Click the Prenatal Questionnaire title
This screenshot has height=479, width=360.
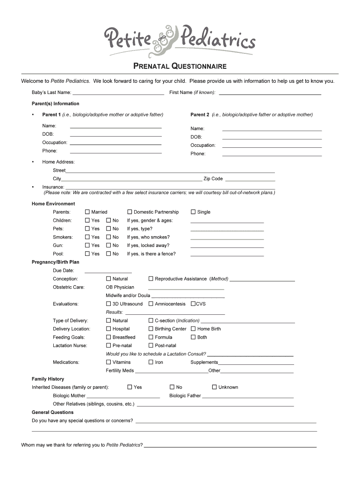(x=180, y=66)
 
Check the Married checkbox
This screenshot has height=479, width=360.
(x=87, y=212)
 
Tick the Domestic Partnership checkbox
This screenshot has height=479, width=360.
(x=130, y=212)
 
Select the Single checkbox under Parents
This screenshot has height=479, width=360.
(x=193, y=212)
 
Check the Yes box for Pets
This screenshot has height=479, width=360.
(x=87, y=229)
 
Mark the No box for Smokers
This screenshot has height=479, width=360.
(x=108, y=237)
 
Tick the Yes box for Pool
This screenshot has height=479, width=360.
(x=87, y=254)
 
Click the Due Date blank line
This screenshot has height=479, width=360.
(x=108, y=271)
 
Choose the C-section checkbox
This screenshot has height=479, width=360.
(x=151, y=320)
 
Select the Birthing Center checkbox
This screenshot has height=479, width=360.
(x=151, y=329)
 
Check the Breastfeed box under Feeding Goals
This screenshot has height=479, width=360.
(x=108, y=337)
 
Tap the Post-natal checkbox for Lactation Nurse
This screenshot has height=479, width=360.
(x=151, y=346)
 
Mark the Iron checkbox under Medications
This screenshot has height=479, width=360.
(x=151, y=362)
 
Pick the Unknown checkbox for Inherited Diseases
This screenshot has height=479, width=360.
(x=215, y=387)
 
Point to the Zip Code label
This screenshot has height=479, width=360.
(x=213, y=179)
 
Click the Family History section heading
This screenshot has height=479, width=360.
(x=48, y=379)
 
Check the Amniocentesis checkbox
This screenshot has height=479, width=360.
(x=151, y=304)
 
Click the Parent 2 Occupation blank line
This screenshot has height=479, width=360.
(x=272, y=147)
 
